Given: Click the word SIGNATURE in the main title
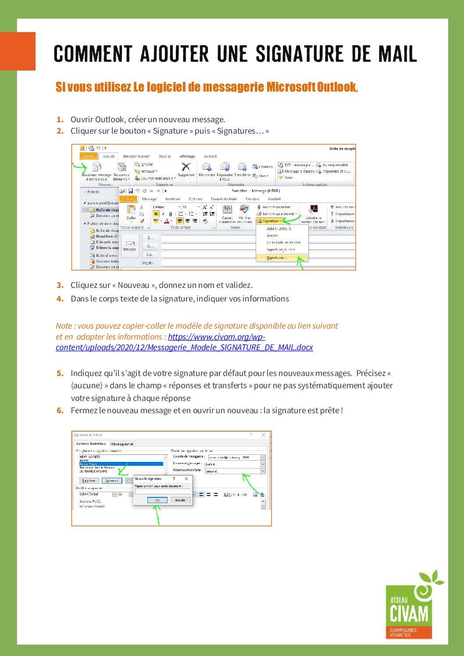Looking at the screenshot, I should tap(299, 54).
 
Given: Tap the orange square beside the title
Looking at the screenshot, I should tap(18, 51).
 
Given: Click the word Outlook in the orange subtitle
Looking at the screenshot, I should tap(337, 87).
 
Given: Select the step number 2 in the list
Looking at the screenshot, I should tap(60, 131).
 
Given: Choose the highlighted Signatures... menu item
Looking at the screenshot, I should tap(277, 258).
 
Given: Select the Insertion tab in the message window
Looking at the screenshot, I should tap(172, 199).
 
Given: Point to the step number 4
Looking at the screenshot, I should tap(60, 299).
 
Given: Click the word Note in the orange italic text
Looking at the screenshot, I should tap(64, 326).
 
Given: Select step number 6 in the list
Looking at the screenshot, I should tap(60, 411).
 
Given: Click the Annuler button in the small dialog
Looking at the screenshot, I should tap(180, 500).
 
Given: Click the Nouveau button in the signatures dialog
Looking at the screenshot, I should tap(112, 481).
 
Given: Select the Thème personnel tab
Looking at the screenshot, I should tap(121, 444).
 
